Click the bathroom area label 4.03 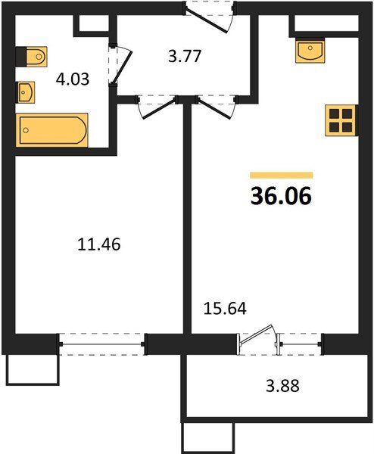pos(73,79)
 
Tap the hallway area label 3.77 pos(185,56)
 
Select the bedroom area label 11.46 pos(98,244)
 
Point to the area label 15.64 pos(225,309)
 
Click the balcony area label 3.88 pos(282,386)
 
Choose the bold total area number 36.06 pos(281,196)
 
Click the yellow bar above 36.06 pos(282,176)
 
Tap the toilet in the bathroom pos(32,57)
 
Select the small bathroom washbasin pos(26,92)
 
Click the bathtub pos(51,130)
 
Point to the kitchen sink pos(310,51)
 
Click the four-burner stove pos(341,120)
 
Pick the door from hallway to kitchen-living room pos(217,108)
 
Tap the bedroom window pos(102,344)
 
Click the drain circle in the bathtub pos(26,130)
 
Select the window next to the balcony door pos(301,344)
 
